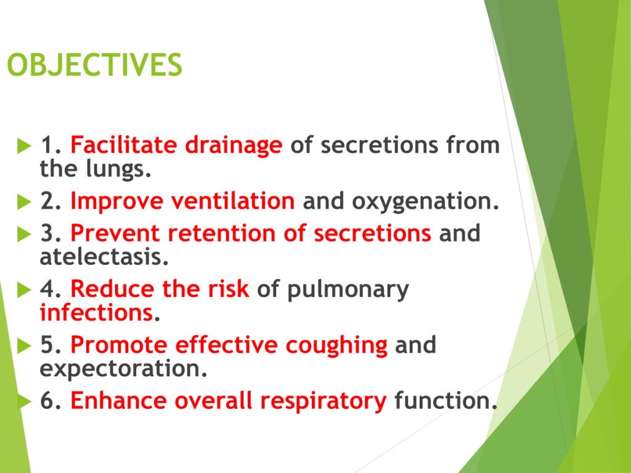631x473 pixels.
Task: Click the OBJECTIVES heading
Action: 94,65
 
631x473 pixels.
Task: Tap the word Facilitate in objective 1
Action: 124,145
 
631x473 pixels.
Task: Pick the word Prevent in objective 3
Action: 115,233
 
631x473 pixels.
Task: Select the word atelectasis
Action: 104,257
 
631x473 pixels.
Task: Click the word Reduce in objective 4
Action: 112,289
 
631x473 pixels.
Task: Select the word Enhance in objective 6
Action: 118,400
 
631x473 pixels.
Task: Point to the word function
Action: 446,400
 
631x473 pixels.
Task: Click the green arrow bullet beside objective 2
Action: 24,201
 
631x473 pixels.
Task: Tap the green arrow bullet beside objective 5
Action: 24,346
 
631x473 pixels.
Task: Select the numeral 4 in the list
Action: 47,289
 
